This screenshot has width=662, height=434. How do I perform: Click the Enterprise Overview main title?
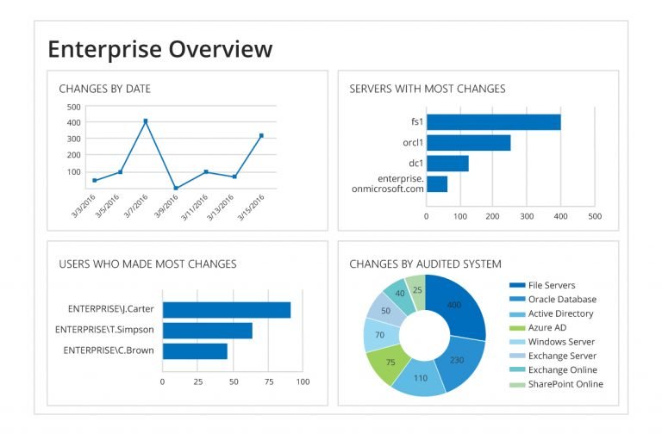(159, 48)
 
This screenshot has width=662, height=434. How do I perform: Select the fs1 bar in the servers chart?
(493, 122)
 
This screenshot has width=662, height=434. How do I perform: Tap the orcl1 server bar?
(468, 143)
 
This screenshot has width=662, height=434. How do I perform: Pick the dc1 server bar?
(447, 164)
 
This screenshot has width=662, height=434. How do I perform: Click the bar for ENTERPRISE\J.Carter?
(226, 310)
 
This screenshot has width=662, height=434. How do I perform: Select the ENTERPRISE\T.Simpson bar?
(207, 331)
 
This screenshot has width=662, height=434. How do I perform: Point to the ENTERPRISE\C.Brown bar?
(195, 351)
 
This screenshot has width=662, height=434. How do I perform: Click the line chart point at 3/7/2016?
(146, 121)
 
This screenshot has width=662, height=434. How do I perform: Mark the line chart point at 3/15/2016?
(261, 136)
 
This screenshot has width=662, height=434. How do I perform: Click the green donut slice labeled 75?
(390, 363)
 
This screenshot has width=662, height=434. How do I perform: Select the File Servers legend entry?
(548, 285)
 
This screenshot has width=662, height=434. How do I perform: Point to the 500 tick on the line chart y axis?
(73, 108)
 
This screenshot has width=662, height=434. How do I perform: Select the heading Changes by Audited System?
(425, 263)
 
